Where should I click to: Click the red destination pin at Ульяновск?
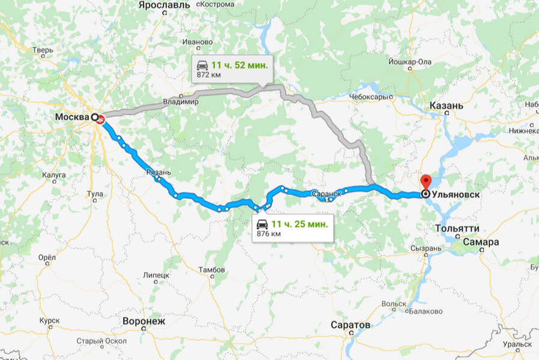pos(426,182)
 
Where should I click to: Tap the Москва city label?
pos(72,116)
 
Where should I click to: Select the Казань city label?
pos(446,106)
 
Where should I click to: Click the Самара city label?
pos(481,242)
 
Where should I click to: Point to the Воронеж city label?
pos(143,321)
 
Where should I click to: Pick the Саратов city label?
pos(351,325)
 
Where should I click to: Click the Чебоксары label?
pos(369,96)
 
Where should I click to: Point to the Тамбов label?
pos(212,270)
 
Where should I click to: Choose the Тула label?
pos(95,194)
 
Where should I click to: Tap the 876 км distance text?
pos(268,234)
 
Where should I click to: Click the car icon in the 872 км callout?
pos(202,65)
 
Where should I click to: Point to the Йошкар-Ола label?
pos(411,61)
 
